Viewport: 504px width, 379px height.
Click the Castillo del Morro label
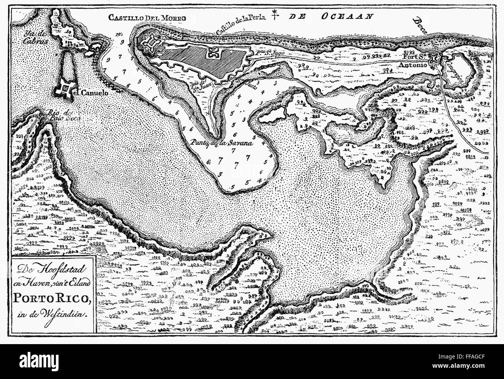147,17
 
